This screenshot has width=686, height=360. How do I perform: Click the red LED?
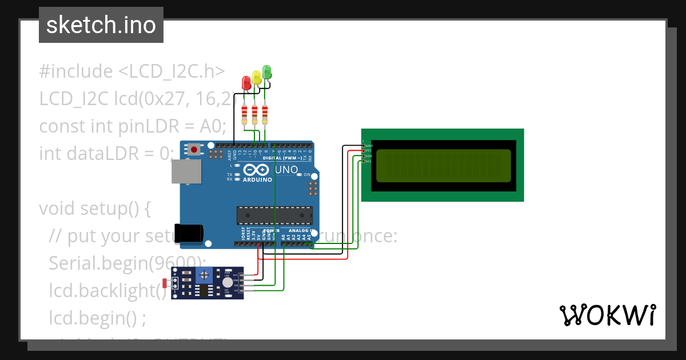pos(246,82)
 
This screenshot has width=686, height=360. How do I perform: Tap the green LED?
pos(266,72)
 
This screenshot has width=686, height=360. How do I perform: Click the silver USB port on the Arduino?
pos(186,171)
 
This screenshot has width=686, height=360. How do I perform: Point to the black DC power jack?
pos(189,233)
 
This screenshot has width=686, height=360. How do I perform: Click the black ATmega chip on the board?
pos(275,215)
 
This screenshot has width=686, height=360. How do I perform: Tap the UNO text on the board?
pos(286,170)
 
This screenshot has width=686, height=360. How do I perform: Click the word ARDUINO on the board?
pos(257,179)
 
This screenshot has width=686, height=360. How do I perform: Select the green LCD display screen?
pos(442,165)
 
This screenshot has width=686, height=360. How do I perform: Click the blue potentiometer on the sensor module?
pos(204,277)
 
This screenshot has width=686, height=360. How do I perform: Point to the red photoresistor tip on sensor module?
pos(165,283)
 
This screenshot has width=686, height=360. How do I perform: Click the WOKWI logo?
pos(607,315)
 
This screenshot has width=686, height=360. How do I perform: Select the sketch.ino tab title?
pos(101,25)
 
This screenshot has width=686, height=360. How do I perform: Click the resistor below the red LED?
pos(245,114)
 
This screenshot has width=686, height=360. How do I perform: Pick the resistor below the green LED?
pos(265,114)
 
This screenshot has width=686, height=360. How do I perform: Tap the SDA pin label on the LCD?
pos(369,156)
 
